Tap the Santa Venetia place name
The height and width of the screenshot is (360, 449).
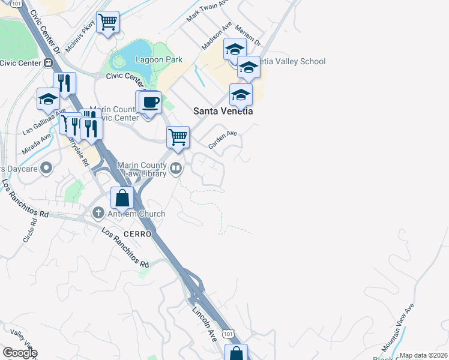pos(223,111)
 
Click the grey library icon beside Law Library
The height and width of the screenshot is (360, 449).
pos(176,169)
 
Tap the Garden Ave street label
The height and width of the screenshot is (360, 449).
pos(223,140)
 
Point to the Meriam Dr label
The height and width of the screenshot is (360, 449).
pos(249,36)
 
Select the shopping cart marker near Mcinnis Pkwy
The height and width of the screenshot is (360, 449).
pos(108,23)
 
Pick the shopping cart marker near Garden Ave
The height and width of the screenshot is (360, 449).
pos(178,137)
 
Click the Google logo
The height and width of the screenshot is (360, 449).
pos(19,353)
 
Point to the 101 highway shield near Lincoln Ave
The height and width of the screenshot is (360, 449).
pos(227,332)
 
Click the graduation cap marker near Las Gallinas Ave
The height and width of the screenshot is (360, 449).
pos(48,99)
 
